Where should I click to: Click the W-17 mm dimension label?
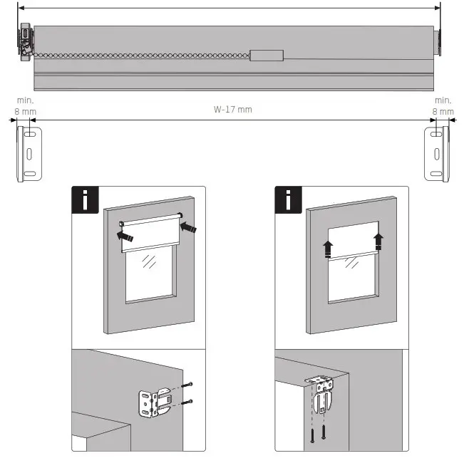(x=233, y=110)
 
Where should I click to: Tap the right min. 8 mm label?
(x=443, y=106)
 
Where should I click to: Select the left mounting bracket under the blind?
(x=31, y=153)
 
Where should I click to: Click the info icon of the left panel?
(x=86, y=199)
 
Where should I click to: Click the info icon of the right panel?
(x=289, y=199)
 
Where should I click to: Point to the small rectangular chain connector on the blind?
(x=266, y=56)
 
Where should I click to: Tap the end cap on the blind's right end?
(x=438, y=45)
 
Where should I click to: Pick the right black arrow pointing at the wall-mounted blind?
(x=187, y=227)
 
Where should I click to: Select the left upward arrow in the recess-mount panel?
(x=327, y=249)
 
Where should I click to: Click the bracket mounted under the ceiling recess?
(x=321, y=394)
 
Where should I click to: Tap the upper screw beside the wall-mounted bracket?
(x=186, y=385)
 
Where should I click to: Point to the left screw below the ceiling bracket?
(x=312, y=432)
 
